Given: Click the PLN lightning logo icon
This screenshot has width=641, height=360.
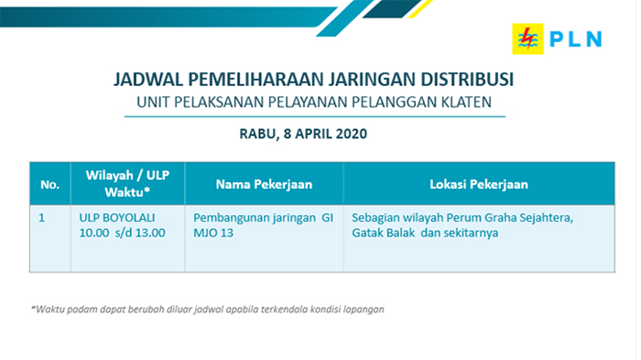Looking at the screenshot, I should coord(527,38).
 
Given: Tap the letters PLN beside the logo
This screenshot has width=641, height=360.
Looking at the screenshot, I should coord(575,38).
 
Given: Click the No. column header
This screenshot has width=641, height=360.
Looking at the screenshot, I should coord(49,185).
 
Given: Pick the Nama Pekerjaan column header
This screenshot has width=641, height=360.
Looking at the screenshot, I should coord(264,185).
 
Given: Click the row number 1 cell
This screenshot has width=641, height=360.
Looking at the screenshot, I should coord(42,218).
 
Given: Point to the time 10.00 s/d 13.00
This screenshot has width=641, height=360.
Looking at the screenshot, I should coord(122,234).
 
